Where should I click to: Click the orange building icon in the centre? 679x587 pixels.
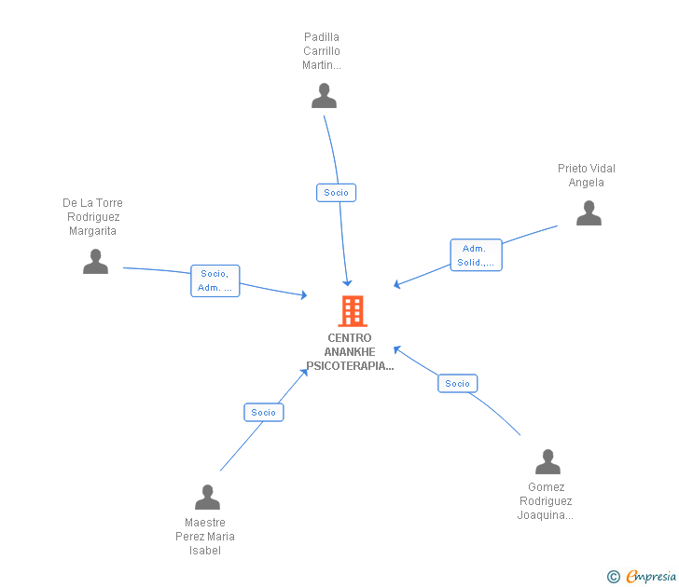352,311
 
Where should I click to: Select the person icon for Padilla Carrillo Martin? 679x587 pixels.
324,96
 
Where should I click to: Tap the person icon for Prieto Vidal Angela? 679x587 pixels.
589,213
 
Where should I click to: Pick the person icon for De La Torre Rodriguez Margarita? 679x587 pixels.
95,262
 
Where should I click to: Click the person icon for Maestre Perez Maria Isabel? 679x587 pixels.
207,498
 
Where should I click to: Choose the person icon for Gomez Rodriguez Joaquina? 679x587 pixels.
547,462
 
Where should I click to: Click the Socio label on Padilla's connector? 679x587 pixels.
336,193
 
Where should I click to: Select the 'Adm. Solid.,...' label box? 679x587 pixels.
476,255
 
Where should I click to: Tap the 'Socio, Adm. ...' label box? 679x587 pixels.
215,280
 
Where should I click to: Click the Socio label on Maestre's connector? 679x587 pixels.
263,412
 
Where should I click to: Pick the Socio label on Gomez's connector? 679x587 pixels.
457,383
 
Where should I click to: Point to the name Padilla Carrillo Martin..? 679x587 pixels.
322,51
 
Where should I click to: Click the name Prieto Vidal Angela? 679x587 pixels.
586,175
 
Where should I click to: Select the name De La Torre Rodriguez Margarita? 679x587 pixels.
92,217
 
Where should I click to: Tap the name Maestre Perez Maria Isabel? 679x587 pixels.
205,536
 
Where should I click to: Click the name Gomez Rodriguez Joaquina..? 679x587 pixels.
546,500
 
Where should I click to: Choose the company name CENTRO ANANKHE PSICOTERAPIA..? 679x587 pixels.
350,352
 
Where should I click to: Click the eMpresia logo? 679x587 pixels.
651,577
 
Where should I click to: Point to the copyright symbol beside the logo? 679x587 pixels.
613,577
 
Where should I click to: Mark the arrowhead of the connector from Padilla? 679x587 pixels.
347,282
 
